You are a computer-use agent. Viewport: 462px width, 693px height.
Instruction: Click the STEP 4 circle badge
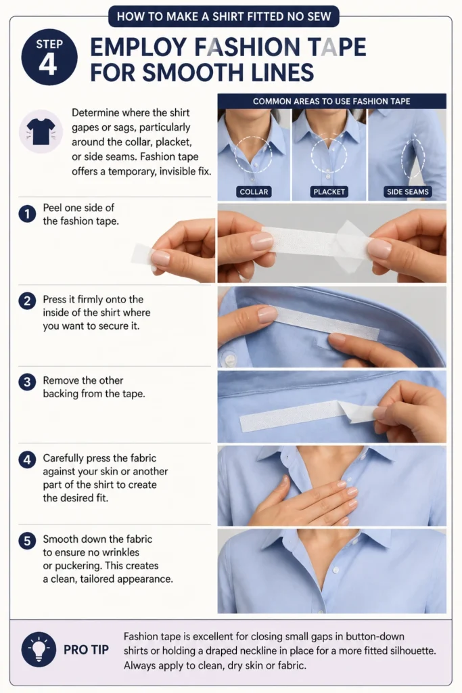tap(49, 57)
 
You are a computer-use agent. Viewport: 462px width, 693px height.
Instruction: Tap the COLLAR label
tap(254, 192)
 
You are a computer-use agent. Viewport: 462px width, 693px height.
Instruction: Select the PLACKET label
tap(329, 192)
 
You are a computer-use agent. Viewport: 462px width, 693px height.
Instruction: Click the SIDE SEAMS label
tap(408, 192)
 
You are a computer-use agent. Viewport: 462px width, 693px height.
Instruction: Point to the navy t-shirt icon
tap(41, 131)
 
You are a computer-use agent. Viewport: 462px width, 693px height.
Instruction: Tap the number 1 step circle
tap(27, 214)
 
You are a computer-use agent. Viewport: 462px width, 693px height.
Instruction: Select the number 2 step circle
tap(27, 301)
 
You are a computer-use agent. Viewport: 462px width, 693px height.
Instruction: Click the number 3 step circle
tap(27, 382)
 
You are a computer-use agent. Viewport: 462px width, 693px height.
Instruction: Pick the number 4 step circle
tap(27, 460)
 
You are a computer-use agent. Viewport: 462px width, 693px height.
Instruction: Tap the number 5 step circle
tap(27, 541)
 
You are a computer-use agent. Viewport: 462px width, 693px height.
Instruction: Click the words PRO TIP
tap(86, 650)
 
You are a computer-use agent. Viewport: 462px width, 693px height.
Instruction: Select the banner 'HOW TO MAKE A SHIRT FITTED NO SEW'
tap(224, 17)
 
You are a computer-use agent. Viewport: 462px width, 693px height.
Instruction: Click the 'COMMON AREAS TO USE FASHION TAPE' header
tap(331, 102)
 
